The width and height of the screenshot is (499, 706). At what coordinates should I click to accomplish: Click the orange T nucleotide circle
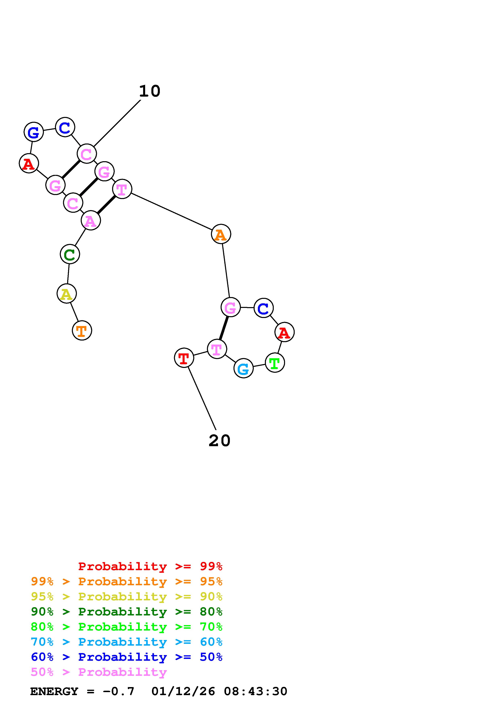coord(82,330)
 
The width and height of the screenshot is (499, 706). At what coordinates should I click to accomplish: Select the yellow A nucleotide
coord(66,294)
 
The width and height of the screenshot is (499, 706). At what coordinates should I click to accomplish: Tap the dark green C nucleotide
coord(70,254)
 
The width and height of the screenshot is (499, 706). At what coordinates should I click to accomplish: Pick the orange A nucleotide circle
coord(221,234)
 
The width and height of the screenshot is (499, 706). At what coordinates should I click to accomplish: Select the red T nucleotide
coord(184,358)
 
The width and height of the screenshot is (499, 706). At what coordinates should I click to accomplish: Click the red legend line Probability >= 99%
coord(150,566)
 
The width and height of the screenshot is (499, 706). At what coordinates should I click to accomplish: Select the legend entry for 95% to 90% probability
coord(127,597)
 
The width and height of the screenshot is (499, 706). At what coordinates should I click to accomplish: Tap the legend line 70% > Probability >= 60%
coord(127,642)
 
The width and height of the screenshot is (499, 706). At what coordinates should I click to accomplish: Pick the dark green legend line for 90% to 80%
coord(127,612)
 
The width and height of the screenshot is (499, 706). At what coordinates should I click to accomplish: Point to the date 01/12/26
coord(183,691)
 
